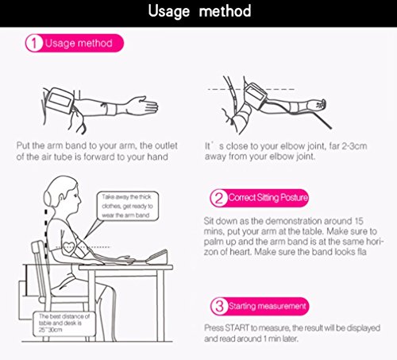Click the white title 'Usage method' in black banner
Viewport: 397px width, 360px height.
tap(199, 12)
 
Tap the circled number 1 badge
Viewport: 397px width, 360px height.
tap(34, 43)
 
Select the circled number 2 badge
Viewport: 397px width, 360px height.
tap(218, 198)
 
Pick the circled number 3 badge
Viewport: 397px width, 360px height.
tap(219, 306)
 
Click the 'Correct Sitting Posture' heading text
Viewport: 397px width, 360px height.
tap(268, 198)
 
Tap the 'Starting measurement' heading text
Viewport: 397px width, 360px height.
tap(268, 306)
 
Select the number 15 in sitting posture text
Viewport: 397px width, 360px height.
tap(359, 221)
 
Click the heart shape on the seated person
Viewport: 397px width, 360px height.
tap(68, 248)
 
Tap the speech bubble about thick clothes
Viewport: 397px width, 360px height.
tap(128, 206)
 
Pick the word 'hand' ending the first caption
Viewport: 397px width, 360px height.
tap(157, 157)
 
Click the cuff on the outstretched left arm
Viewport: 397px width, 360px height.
tap(60, 101)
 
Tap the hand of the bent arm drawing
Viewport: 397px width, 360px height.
tap(319, 104)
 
